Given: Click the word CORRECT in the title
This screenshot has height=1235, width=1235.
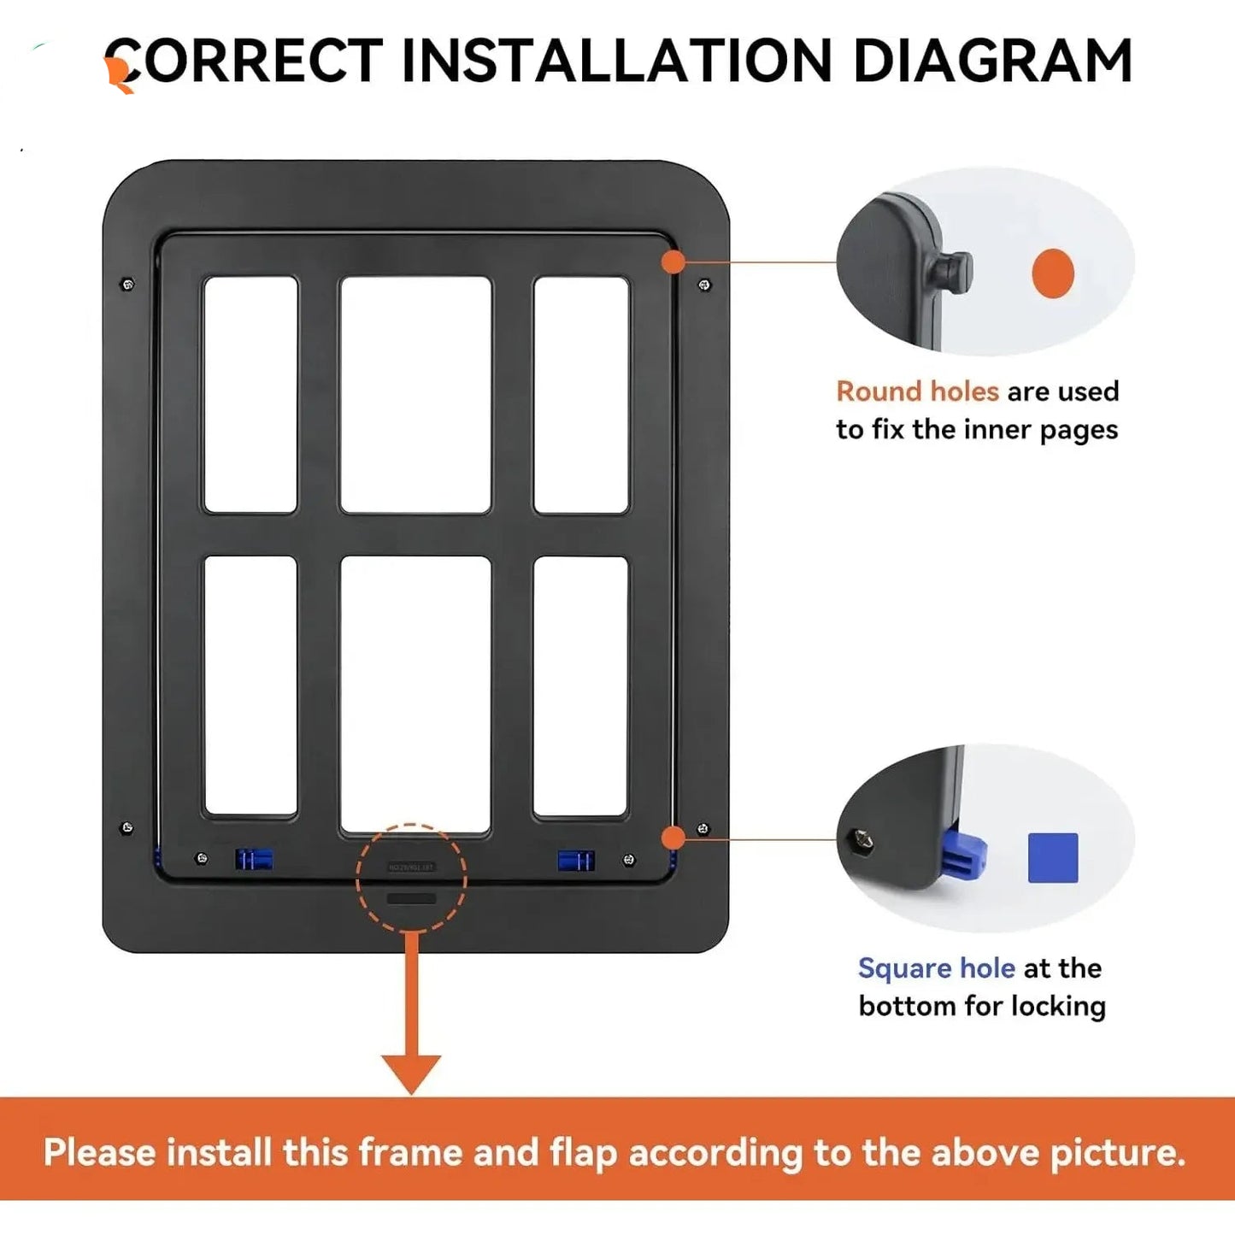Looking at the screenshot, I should [244, 62].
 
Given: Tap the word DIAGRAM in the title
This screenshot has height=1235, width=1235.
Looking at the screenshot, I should [992, 62].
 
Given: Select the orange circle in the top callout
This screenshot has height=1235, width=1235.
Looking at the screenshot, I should [1052, 273].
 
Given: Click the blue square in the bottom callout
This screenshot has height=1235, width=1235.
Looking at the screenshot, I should [1053, 857].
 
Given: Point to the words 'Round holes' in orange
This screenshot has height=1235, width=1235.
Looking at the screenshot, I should [917, 391].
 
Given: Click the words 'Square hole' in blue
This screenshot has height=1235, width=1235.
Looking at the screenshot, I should [936, 968].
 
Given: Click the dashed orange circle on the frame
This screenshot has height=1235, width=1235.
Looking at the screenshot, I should [411, 878].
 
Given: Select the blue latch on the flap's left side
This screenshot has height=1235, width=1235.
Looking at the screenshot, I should [254, 859].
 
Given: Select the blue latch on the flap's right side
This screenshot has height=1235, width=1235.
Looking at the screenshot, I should [576, 860].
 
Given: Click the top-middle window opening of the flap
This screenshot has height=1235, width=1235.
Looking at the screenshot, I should [415, 394].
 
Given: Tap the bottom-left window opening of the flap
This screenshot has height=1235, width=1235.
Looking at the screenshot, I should [250, 685].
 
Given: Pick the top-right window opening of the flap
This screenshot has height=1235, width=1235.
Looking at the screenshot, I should [581, 394].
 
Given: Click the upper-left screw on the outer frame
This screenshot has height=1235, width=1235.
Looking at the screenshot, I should [128, 285].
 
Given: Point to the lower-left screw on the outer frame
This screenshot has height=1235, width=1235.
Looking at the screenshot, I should [127, 827].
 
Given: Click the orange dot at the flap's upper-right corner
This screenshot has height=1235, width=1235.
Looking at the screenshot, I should [673, 262].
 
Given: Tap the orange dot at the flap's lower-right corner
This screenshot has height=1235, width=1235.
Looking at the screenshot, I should [673, 838].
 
